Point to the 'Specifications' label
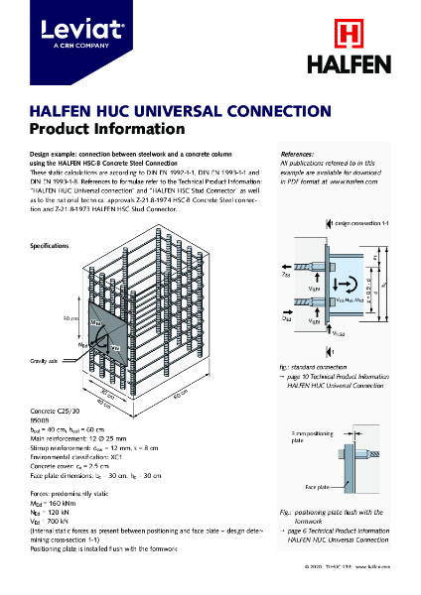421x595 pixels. (x=49, y=245)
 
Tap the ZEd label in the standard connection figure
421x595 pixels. (x=287, y=278)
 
